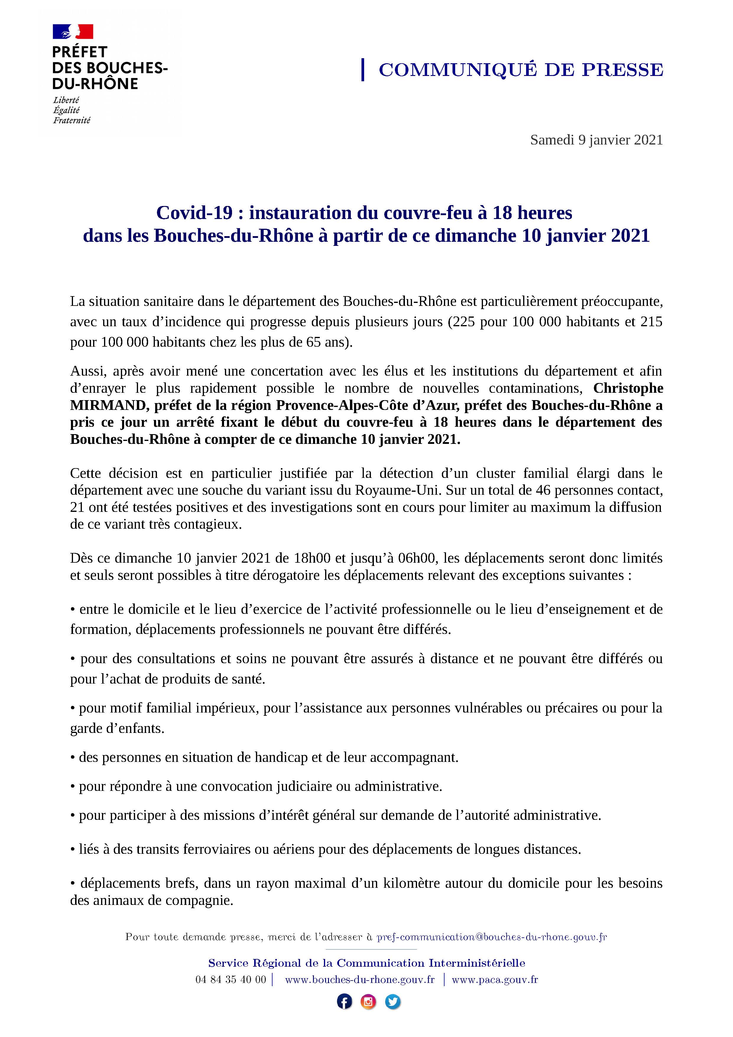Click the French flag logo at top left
coord(73,32)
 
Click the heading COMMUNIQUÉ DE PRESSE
coord(521,70)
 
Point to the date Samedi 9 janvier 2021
coord(596,140)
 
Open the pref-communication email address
coord(492,937)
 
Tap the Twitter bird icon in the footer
coord(393,1002)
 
